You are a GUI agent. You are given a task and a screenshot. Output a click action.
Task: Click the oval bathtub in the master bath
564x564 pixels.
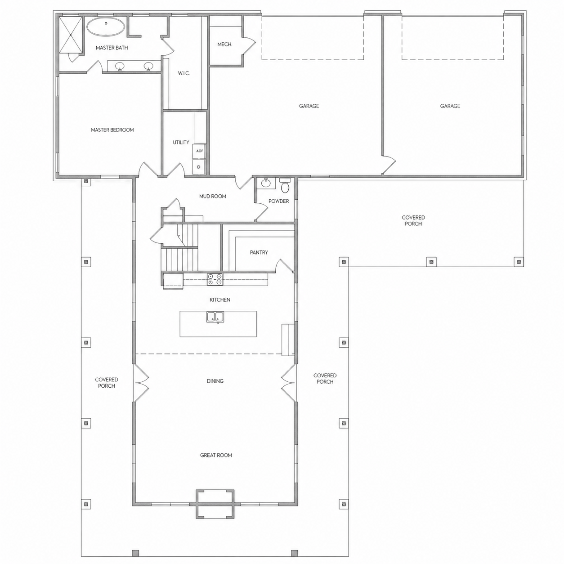106,27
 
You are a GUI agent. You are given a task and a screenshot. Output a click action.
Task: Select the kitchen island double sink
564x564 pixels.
215,317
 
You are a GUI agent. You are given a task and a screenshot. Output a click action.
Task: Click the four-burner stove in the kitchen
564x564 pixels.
215,279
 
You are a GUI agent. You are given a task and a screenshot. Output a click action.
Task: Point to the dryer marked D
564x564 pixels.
199,167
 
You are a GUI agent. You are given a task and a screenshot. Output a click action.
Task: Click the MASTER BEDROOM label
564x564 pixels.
112,130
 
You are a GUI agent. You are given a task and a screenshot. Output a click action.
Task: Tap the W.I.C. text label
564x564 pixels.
184,73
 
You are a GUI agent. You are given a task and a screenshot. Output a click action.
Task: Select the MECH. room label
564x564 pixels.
225,45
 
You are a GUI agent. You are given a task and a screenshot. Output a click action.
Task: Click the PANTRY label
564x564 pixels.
259,252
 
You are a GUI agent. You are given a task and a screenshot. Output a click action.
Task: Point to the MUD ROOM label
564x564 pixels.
213,197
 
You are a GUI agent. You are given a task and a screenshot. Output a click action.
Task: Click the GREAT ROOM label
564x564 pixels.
216,455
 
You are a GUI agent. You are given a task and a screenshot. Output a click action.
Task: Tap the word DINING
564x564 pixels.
215,381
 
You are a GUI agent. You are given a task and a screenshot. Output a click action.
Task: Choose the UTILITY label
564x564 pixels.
181,142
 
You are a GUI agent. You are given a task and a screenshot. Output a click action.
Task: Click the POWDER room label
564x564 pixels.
279,201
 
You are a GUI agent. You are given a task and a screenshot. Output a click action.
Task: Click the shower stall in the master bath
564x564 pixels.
71,35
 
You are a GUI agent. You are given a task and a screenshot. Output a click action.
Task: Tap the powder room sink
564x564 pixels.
266,183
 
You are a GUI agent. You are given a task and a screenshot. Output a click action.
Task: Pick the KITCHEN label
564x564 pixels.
220,300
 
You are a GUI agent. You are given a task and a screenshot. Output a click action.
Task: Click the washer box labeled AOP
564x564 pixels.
199,151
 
